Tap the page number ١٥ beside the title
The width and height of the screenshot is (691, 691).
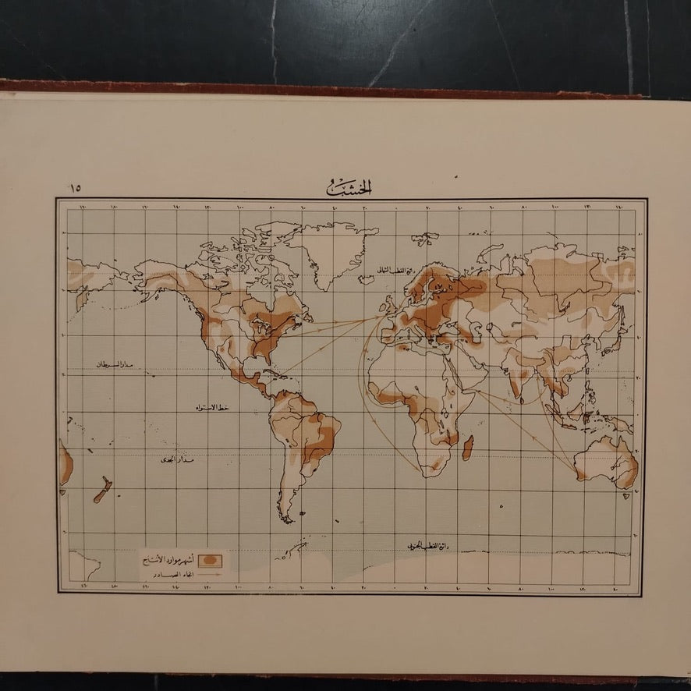[77, 188]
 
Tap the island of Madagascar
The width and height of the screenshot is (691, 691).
[467, 448]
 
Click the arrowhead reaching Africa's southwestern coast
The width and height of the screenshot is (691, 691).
[422, 471]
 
